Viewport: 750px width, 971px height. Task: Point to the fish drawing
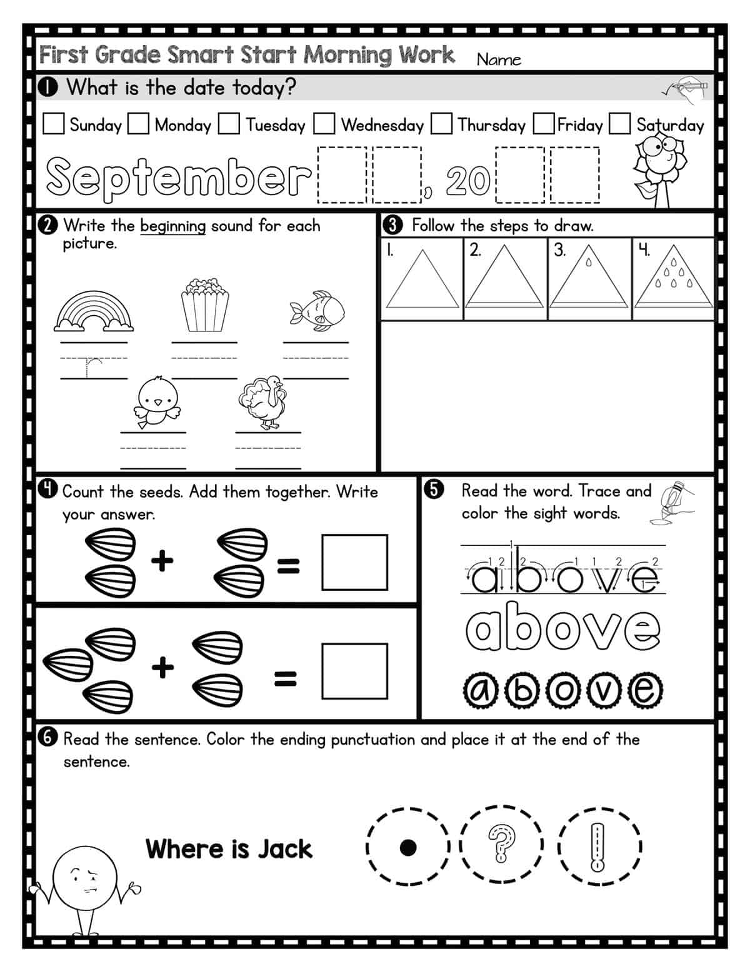point(317,309)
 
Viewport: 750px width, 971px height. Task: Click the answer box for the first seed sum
point(354,562)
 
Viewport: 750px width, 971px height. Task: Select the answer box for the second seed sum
point(354,671)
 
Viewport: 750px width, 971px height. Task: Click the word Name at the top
point(499,59)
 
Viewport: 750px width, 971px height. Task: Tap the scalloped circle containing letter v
point(604,691)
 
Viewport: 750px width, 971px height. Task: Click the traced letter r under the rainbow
point(92,368)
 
